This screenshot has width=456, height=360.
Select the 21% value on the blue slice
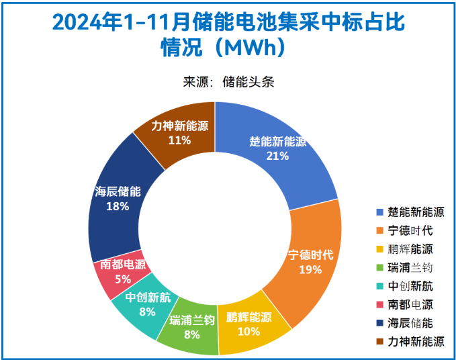[277, 156]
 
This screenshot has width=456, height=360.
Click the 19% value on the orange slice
[310, 269]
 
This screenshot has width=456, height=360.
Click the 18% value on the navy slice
[118, 206]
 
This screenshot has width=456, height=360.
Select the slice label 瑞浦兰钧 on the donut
[192, 319]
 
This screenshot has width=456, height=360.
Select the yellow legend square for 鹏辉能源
[379, 249]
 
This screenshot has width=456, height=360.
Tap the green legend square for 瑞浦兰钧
[379, 267]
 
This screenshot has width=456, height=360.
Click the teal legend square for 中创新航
[379, 286]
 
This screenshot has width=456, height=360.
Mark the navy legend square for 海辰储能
[379, 323]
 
